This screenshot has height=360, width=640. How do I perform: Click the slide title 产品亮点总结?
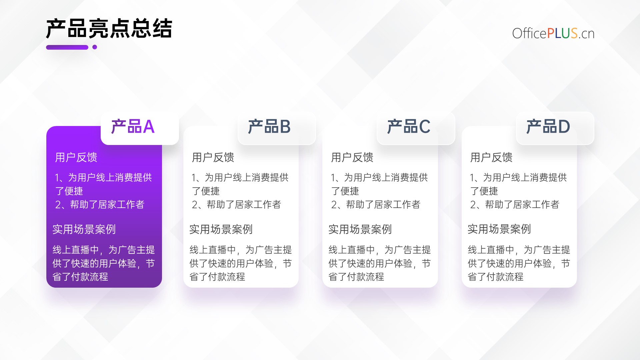(109, 29)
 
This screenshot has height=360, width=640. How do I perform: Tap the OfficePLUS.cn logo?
(553, 33)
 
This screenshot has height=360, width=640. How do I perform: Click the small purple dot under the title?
(95, 47)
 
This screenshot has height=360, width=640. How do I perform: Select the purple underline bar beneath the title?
(67, 47)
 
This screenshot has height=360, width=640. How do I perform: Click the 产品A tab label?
(133, 127)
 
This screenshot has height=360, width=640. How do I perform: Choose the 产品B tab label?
(269, 127)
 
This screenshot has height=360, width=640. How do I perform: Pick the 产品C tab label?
(409, 127)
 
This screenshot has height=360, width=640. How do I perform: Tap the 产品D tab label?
(548, 127)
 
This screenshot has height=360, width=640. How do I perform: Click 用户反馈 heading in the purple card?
(76, 157)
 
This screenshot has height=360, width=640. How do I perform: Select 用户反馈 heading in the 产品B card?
(213, 157)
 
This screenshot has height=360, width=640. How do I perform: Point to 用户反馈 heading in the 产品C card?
(352, 157)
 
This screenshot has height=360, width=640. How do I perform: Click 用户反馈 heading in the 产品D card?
(491, 157)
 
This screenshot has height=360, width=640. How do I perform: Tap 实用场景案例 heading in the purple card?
(84, 229)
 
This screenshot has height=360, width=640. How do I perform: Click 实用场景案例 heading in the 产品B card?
(221, 229)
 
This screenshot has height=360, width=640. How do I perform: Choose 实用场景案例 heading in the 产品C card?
(360, 229)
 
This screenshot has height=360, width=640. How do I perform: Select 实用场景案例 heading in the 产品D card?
(499, 229)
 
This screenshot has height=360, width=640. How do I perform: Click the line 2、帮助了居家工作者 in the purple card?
(100, 204)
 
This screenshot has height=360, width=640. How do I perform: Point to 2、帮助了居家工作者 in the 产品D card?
(515, 204)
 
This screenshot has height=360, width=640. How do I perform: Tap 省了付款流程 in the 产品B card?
(217, 277)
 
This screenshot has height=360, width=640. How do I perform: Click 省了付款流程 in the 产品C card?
(356, 277)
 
